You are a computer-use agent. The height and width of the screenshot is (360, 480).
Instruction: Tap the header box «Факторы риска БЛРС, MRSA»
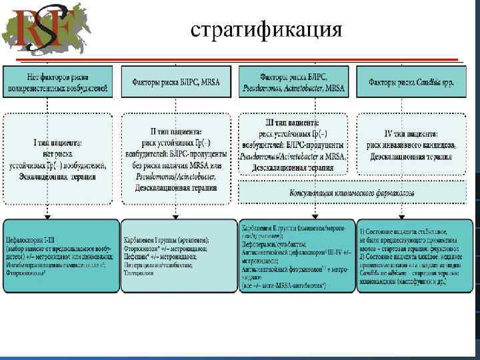(x=175, y=81)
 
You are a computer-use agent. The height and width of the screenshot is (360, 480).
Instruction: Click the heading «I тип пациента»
(x=57, y=143)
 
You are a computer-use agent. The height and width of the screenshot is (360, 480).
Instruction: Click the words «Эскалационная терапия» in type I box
(x=57, y=177)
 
